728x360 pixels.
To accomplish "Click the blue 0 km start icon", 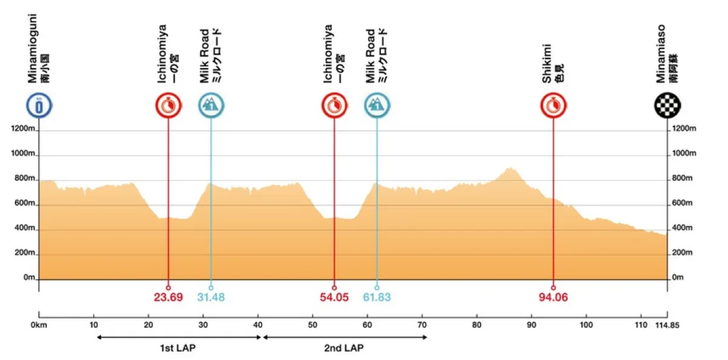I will point(39,106).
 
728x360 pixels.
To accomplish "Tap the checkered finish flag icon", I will point(667,106).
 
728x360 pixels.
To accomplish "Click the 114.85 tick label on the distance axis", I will point(667,325).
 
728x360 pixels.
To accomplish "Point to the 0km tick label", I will point(39,325).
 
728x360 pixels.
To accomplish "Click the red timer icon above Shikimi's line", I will point(553,106).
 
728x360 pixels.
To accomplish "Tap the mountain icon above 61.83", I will point(377,106).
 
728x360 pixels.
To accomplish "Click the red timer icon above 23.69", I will point(168,106).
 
